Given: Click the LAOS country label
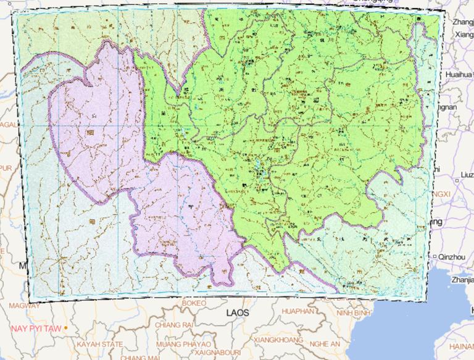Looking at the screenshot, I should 236,312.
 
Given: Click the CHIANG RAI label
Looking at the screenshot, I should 175,325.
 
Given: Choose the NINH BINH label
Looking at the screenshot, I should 353,313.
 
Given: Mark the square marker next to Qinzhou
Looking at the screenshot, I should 436,256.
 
